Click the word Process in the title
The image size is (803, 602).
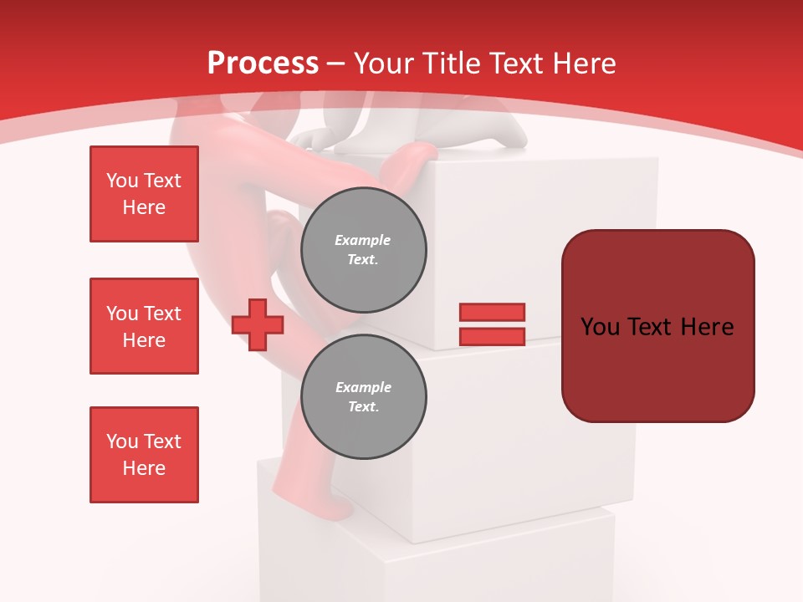[x=263, y=63]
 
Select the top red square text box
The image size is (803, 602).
[x=144, y=194]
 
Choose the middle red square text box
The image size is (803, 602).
[x=144, y=326]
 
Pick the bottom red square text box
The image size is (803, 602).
[x=144, y=455]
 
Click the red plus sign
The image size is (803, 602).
[x=258, y=324]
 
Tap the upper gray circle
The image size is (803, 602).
[x=363, y=250]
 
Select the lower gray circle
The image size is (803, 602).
[x=363, y=397]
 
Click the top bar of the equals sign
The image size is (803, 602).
[x=492, y=312]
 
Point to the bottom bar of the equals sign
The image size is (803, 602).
[x=492, y=337]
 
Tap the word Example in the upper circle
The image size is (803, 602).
[x=362, y=240]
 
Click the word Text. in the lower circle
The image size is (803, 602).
[x=363, y=407]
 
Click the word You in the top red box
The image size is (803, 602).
[x=122, y=181]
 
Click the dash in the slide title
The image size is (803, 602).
[x=335, y=64]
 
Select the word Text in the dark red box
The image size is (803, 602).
[x=649, y=327]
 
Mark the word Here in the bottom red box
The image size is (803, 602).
[x=144, y=468]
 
